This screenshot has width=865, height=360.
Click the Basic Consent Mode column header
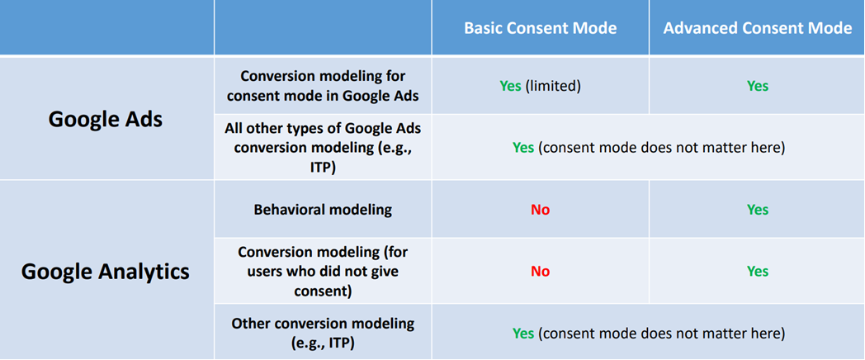point(540,28)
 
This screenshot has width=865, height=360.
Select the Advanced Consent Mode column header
point(758,28)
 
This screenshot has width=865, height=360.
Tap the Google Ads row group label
point(106,119)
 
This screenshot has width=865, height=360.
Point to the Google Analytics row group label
point(106,272)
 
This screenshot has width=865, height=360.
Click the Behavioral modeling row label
point(323,210)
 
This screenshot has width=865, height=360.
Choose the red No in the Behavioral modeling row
point(540,210)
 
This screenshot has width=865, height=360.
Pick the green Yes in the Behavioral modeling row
point(758,210)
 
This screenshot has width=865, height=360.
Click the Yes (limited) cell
point(540,86)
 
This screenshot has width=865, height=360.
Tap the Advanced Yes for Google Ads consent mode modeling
point(758,86)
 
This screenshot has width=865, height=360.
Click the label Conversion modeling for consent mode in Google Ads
point(323,86)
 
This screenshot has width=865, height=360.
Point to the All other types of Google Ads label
point(323,128)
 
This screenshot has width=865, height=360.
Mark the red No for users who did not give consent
point(540,271)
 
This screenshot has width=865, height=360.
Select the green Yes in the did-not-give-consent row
point(758,271)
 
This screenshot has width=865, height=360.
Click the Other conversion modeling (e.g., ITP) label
point(323,333)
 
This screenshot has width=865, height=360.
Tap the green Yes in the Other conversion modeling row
point(523,334)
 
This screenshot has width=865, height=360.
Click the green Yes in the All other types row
point(523,148)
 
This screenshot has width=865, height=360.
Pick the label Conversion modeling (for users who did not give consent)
point(323,271)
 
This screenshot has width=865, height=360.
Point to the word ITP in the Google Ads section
point(323,168)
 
